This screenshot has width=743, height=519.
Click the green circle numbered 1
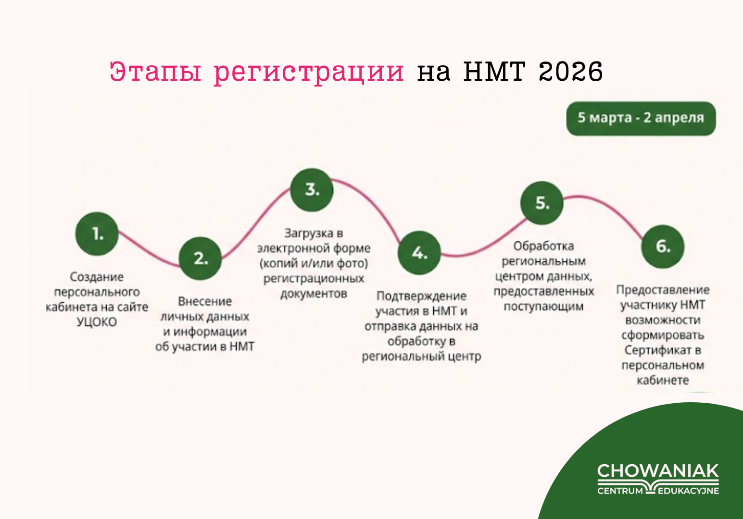click(x=97, y=234)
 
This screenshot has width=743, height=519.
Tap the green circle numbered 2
click(x=200, y=258)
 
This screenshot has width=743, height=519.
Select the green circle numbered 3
click(x=312, y=190)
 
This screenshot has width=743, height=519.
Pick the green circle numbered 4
click(x=419, y=253)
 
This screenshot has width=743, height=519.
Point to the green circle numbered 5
click(x=542, y=203)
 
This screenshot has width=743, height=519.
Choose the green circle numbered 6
click(x=663, y=246)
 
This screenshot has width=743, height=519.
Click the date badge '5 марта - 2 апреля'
click(x=641, y=118)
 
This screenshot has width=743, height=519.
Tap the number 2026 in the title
click(x=570, y=71)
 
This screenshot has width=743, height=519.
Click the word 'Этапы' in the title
click(x=155, y=71)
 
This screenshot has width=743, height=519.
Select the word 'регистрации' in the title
click(x=309, y=74)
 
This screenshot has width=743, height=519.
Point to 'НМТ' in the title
click(x=494, y=71)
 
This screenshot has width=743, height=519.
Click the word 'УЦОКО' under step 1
click(x=97, y=322)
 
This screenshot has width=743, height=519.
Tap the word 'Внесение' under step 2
click(x=205, y=301)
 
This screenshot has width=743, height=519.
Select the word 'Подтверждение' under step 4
click(x=421, y=296)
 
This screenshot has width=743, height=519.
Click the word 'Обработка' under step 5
click(x=543, y=246)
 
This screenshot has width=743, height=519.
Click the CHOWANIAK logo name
click(x=658, y=470)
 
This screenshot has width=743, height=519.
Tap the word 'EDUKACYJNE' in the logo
click(x=688, y=491)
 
